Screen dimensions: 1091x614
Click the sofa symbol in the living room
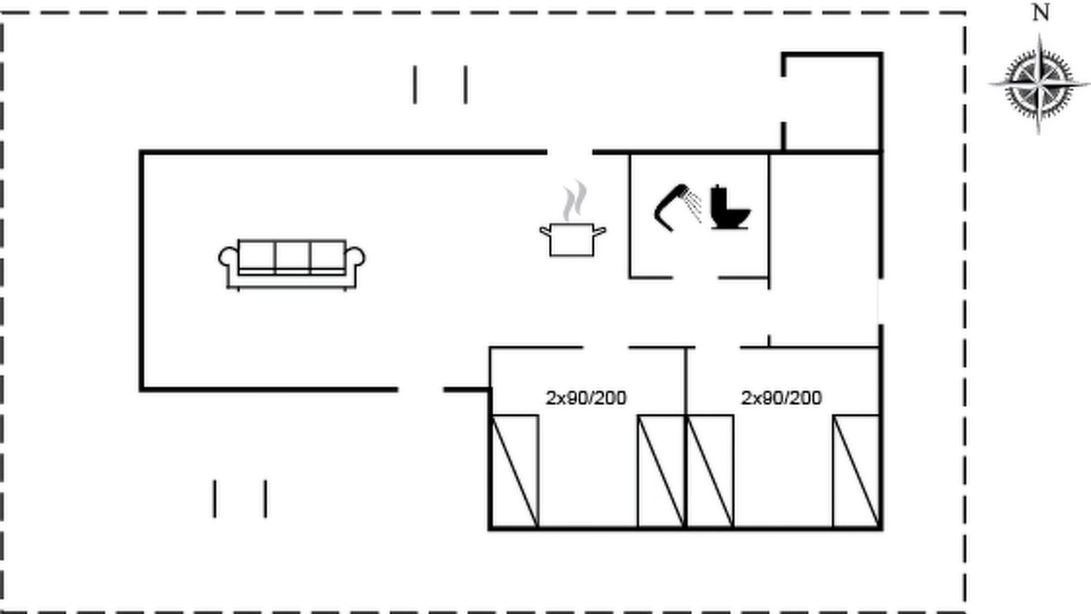(292, 264)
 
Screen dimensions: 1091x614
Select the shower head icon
(678, 207)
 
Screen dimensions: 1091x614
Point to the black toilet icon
(730, 207)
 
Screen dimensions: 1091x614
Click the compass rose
(1039, 84)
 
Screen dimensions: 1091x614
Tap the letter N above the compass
(1041, 13)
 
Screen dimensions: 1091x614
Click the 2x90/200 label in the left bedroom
(586, 398)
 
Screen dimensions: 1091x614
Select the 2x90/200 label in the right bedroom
(782, 398)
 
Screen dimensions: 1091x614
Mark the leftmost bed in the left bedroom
(515, 472)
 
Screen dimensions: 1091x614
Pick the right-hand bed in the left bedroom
(661, 472)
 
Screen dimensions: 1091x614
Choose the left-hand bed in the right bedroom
(710, 472)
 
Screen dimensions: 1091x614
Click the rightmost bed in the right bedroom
(857, 472)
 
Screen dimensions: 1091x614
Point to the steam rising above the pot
(574, 200)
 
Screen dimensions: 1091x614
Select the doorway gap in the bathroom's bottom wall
(696, 278)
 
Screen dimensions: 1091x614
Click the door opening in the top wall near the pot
(570, 153)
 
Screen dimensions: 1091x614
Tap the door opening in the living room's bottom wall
(421, 390)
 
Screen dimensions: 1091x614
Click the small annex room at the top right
(833, 103)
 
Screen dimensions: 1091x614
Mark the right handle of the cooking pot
(600, 231)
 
